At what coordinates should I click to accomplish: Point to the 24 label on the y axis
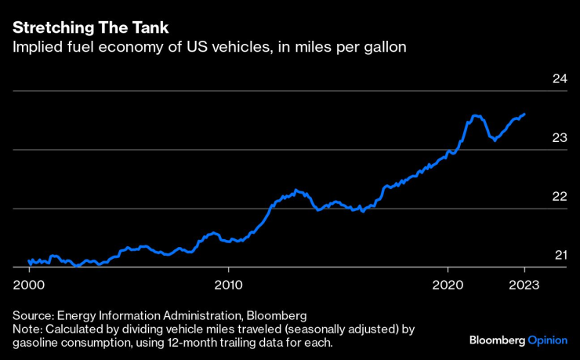[x=559, y=78]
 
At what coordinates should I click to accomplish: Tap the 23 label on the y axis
[x=559, y=138]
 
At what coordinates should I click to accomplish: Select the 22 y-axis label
[x=559, y=196]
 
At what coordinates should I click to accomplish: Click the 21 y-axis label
[x=560, y=255]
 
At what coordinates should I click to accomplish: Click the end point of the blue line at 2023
[x=524, y=114]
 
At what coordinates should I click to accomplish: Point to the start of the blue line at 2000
[x=29, y=260]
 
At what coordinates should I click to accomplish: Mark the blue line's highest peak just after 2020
[x=474, y=116]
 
